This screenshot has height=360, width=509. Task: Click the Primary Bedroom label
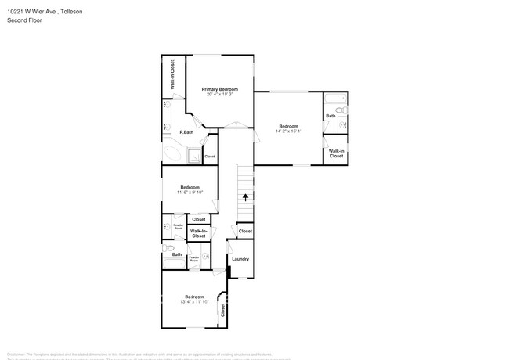(219, 89)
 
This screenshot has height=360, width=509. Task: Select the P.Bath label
(186, 132)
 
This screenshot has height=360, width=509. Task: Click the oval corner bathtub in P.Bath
(172, 153)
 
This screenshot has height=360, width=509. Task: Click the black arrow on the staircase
(246, 197)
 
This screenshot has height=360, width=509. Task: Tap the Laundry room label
(240, 259)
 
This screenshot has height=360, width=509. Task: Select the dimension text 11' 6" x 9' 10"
(190, 193)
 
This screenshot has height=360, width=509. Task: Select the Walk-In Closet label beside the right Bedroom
(336, 153)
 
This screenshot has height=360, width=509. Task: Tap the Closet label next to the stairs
(245, 231)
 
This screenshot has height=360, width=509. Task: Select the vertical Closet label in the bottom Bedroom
(222, 310)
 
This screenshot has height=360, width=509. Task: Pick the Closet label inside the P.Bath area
(209, 157)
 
